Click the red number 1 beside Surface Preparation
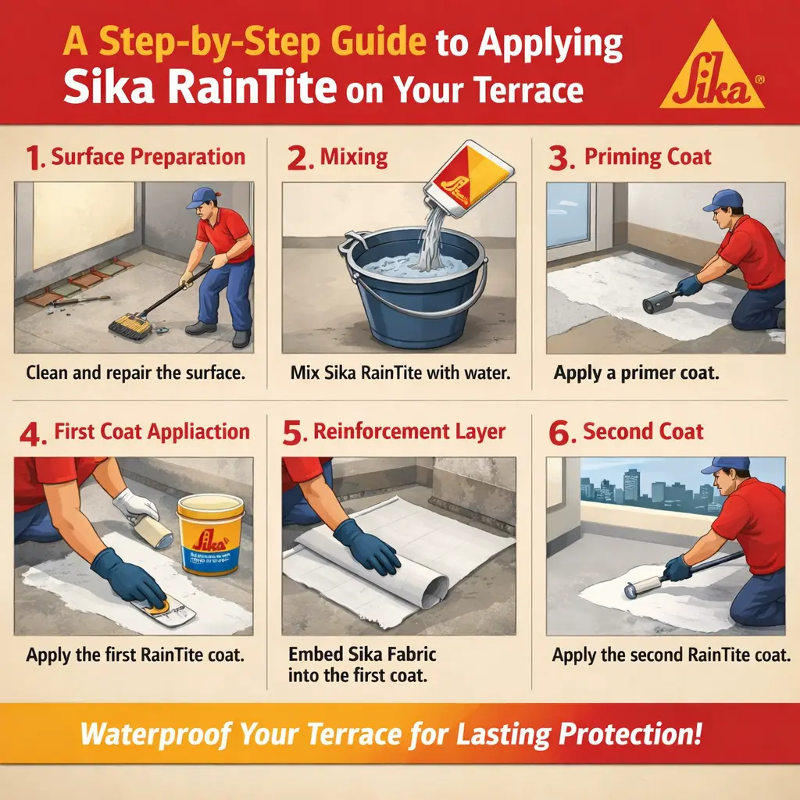[34, 158]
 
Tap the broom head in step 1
[130, 325]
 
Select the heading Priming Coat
[648, 157]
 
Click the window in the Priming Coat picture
[569, 215]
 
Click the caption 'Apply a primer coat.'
[636, 372]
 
